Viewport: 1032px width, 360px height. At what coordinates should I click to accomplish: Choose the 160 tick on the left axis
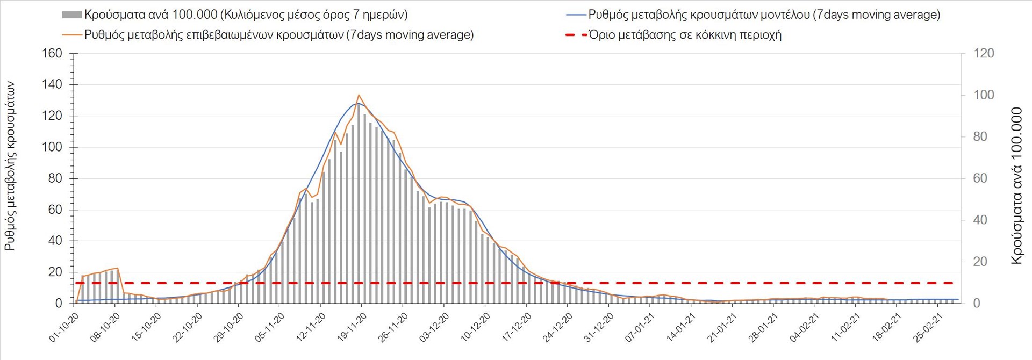[52, 54]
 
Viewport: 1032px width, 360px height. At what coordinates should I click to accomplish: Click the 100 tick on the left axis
[52, 147]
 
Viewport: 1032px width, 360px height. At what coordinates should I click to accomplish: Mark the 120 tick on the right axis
[984, 54]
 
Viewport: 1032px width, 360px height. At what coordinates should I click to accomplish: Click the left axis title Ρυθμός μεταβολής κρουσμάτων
[10, 167]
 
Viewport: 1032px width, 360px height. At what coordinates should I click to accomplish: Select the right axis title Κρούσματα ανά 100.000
[1016, 186]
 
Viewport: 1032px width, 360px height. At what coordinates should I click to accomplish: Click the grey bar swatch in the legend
[71, 15]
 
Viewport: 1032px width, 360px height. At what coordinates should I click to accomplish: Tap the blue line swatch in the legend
[576, 15]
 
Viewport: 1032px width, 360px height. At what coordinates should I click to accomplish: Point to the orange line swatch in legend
[72, 35]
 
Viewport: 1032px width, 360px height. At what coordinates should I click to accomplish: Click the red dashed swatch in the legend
[576, 35]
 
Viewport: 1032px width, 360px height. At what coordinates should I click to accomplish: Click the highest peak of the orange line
[359, 95]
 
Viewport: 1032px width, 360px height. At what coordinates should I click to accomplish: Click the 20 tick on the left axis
[55, 272]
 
